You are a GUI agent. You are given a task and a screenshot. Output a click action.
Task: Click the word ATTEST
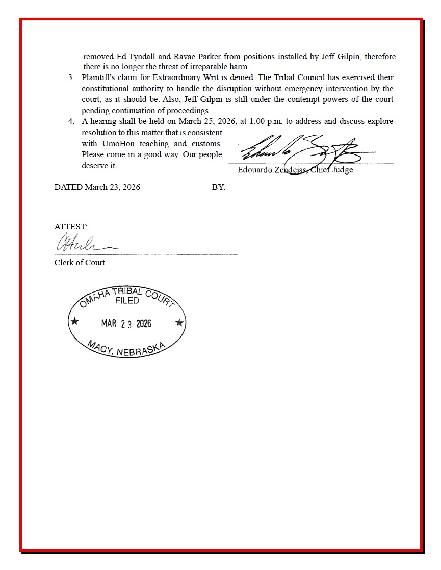[x=70, y=226]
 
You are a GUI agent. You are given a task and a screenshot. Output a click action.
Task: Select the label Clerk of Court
[x=80, y=262]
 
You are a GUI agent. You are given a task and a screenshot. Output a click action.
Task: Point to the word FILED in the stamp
[x=127, y=301]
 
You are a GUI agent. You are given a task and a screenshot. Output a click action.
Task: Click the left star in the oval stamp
[x=75, y=322]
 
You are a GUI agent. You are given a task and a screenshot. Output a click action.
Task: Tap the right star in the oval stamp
[x=179, y=322]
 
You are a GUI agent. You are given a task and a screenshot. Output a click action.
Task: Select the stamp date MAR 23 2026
[x=126, y=324]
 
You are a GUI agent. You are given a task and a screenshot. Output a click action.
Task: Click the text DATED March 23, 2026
[x=97, y=187]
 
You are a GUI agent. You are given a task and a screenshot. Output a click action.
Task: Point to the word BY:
[x=219, y=187]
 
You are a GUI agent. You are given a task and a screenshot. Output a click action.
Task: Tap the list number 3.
[x=71, y=77]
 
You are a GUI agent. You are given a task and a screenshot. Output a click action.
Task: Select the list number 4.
[x=71, y=121]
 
